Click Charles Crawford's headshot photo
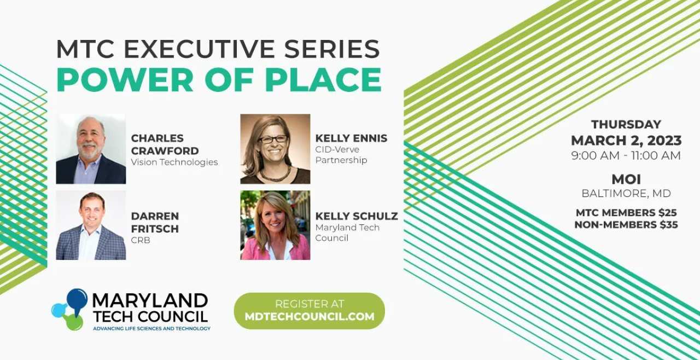pyautogui.click(x=91, y=149)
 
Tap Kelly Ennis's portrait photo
pyautogui.click(x=275, y=149)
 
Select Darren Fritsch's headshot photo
pyautogui.click(x=91, y=225)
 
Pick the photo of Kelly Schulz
pyautogui.click(x=275, y=225)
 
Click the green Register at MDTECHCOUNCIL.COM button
pyautogui.click(x=309, y=310)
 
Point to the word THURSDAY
pyautogui.click(x=626, y=124)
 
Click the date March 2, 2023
pyautogui.click(x=626, y=140)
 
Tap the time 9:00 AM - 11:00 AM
pyautogui.click(x=626, y=155)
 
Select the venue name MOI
pyautogui.click(x=626, y=179)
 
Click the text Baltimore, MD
pyautogui.click(x=626, y=193)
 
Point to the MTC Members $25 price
pyautogui.click(x=626, y=212)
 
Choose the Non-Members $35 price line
pyautogui.click(x=626, y=224)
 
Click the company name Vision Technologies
pyautogui.click(x=174, y=162)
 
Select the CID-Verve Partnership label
pyautogui.click(x=341, y=154)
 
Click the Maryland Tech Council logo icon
pyautogui.click(x=69, y=309)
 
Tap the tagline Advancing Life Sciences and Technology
pyautogui.click(x=151, y=328)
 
